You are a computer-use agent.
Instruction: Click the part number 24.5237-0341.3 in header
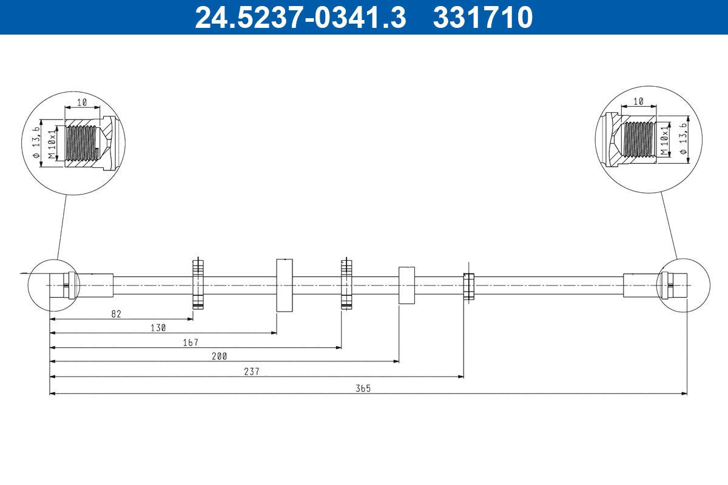point(300,18)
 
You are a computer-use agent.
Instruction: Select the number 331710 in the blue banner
point(483,18)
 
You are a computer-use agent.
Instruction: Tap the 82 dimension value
point(116,313)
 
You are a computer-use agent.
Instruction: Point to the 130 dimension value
point(158,327)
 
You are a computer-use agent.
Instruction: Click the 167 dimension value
point(190,343)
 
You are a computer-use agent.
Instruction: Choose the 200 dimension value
point(220,356)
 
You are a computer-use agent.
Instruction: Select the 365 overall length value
point(364,388)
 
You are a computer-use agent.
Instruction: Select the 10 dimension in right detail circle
point(638,101)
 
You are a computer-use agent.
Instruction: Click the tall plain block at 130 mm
point(285,284)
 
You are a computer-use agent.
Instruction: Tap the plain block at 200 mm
point(406,285)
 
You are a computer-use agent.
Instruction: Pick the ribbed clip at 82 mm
point(198,284)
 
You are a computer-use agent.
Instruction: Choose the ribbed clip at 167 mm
point(346,284)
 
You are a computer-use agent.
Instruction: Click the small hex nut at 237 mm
point(468,286)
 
